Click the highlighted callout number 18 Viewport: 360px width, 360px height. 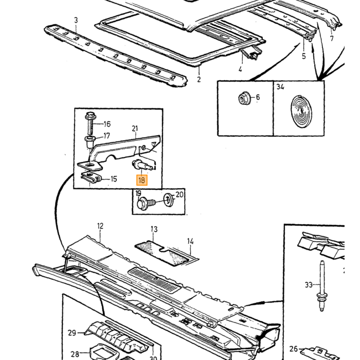pyautogui.click(x=141, y=180)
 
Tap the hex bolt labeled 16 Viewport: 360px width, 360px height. pyautogui.click(x=91, y=123)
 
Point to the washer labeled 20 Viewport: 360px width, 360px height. pyautogui.click(x=169, y=200)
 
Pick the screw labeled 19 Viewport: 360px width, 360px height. pyautogui.click(x=146, y=203)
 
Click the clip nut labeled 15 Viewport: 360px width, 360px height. pyautogui.click(x=92, y=177)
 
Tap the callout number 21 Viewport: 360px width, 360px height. pyautogui.click(x=135, y=129)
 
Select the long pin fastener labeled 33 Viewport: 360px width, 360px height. pyautogui.click(x=322, y=286)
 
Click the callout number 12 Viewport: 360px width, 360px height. pyautogui.click(x=100, y=226)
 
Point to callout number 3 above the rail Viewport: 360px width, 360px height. pyautogui.click(x=76, y=20)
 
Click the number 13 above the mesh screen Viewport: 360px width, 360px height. pyautogui.click(x=154, y=229)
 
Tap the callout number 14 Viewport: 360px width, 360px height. pyautogui.click(x=190, y=241)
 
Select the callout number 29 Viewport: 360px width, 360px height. pyautogui.click(x=72, y=333)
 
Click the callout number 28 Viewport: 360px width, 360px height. pyautogui.click(x=75, y=354)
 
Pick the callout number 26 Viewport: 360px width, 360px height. pyautogui.click(x=294, y=349)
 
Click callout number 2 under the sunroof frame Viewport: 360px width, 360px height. pyautogui.click(x=199, y=79)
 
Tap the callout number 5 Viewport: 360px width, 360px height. pyautogui.click(x=304, y=56)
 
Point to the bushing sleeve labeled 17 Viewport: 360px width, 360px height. pyautogui.click(x=90, y=142)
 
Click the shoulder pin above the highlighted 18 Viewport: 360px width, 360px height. pyautogui.click(x=142, y=165)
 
